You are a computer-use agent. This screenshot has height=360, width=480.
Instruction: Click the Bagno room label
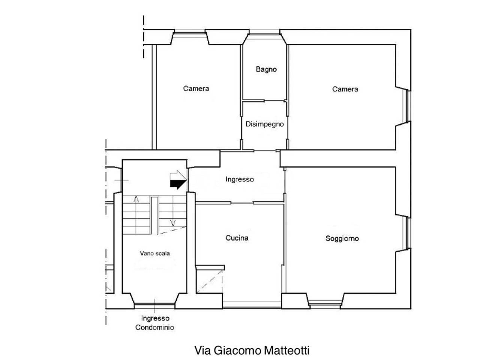point(266,69)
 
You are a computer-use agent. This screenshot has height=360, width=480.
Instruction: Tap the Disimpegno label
point(265,124)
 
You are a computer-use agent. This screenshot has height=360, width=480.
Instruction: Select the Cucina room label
point(237,238)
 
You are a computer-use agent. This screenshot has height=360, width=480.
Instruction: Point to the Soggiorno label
point(342,238)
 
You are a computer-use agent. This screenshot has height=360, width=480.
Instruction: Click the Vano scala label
point(154,253)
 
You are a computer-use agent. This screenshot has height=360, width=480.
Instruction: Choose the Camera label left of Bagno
point(196,88)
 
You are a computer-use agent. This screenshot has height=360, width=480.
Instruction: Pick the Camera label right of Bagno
point(345,89)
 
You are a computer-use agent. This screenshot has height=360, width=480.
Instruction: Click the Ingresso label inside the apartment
point(240,179)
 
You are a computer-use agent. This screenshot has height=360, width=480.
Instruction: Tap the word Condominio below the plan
point(154,327)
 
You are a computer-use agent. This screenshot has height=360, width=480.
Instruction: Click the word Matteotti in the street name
point(286,350)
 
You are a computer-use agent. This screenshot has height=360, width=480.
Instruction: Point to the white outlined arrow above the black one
point(178,175)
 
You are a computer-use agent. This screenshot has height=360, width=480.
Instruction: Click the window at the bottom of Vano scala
point(154,306)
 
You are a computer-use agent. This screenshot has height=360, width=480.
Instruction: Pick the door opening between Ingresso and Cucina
point(242,203)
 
